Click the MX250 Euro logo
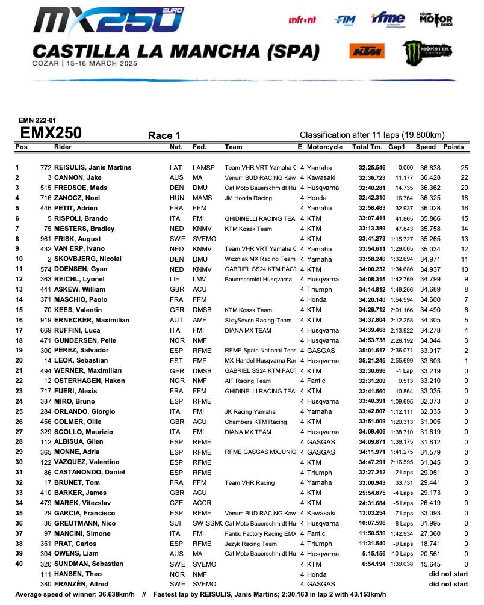tap(109, 20)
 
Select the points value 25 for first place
tap(464, 168)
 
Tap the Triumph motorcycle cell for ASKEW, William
tap(319, 289)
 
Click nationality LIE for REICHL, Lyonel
tap(176, 279)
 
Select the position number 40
tap(19, 564)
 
